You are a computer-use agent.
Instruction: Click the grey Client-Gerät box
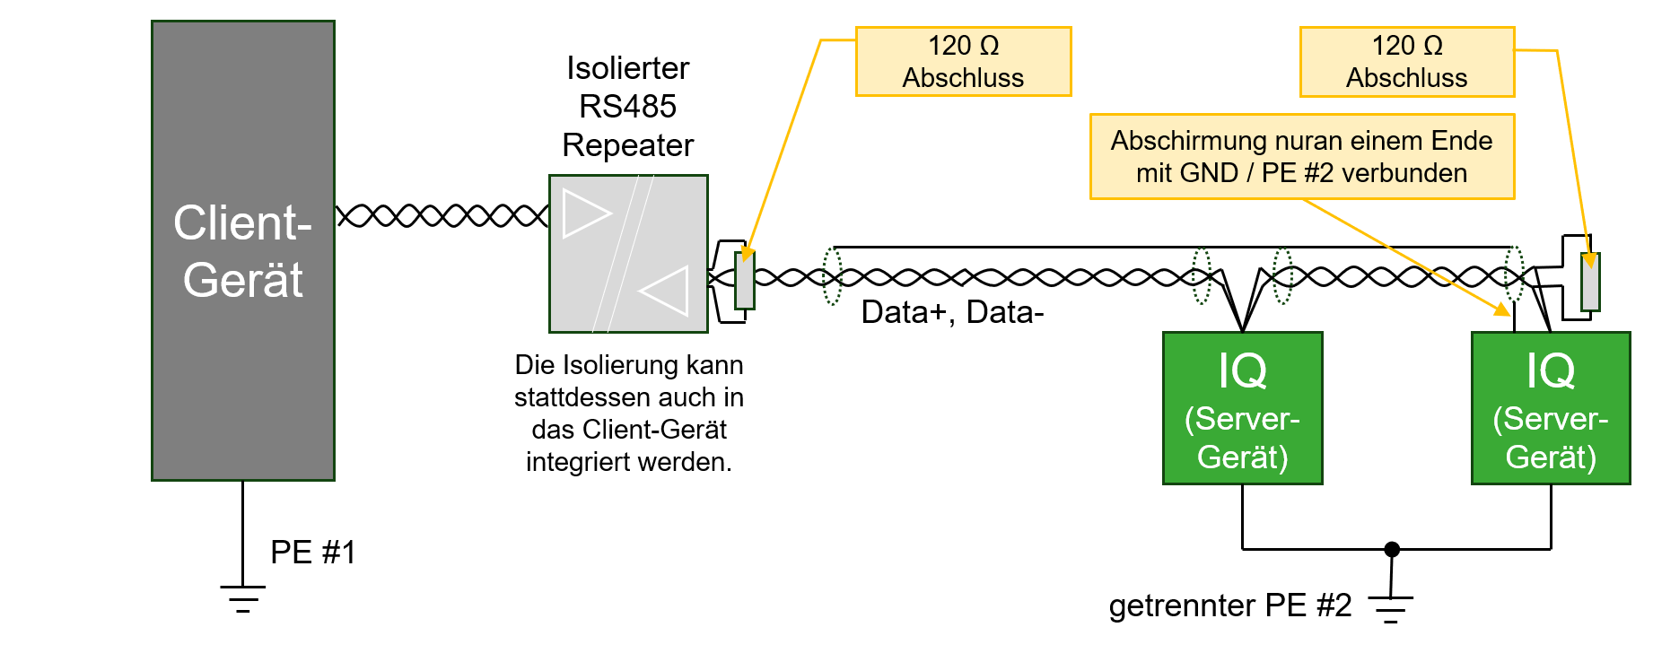coord(242,251)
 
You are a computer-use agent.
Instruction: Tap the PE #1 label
coord(313,553)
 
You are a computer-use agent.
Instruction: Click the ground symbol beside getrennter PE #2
coord(1391,609)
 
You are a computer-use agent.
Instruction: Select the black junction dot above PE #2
coord(1392,549)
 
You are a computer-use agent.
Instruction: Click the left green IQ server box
coord(1242,408)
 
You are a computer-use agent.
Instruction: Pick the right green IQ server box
coord(1551,408)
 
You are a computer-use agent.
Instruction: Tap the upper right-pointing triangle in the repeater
coord(585,213)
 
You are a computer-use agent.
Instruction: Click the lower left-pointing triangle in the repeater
coord(666,291)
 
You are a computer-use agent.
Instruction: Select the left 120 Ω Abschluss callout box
coord(963,61)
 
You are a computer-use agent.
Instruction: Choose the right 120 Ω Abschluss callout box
coord(1406,61)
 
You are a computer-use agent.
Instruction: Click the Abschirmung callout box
coord(1301,156)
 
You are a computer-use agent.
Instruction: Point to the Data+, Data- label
coord(952,312)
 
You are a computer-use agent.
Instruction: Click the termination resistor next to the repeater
coord(744,281)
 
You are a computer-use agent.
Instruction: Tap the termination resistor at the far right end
coord(1590,282)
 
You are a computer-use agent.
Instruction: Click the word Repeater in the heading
coord(627,145)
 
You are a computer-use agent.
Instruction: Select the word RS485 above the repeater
coord(627,107)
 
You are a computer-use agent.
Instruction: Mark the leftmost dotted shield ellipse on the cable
coord(833,275)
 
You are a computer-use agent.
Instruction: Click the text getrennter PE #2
coord(1229,605)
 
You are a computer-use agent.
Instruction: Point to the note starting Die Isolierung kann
coord(628,413)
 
